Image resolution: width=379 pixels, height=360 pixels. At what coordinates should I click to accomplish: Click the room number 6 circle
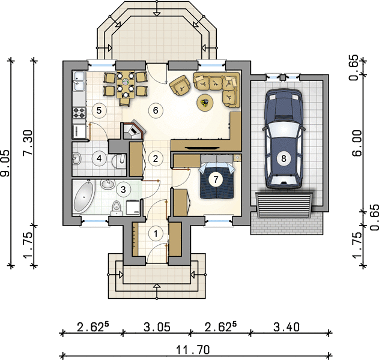point(156,110)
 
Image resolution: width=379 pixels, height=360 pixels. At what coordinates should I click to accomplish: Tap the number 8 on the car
point(283,158)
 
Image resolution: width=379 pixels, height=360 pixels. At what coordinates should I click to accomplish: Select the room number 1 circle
point(156,234)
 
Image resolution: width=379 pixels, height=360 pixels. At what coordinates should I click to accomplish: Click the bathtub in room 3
point(83,197)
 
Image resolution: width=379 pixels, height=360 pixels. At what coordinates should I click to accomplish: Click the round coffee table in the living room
point(205,103)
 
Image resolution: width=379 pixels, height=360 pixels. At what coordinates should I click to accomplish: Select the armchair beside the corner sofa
point(180,85)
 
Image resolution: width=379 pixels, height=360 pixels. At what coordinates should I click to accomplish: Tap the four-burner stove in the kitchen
point(79,113)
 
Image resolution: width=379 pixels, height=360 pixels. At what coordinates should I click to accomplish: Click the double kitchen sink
point(79,81)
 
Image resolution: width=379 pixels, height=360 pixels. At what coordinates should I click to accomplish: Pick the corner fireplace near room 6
point(134,131)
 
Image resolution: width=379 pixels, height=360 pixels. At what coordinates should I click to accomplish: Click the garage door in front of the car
point(284,205)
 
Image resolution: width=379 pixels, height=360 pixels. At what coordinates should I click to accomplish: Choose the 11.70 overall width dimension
point(193,350)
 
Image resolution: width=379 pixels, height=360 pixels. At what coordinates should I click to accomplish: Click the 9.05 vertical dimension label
point(6,163)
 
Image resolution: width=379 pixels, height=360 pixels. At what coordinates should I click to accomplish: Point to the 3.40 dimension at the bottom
point(287,327)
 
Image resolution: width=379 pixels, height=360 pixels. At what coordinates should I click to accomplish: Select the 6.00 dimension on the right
point(357,143)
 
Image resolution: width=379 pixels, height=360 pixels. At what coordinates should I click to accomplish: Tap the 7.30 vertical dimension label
point(28,143)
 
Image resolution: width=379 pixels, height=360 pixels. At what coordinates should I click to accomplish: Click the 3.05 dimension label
point(157,327)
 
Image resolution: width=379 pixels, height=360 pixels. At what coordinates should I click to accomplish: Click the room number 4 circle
point(99,158)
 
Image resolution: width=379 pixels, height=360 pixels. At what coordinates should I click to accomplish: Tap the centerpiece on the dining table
point(126,82)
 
